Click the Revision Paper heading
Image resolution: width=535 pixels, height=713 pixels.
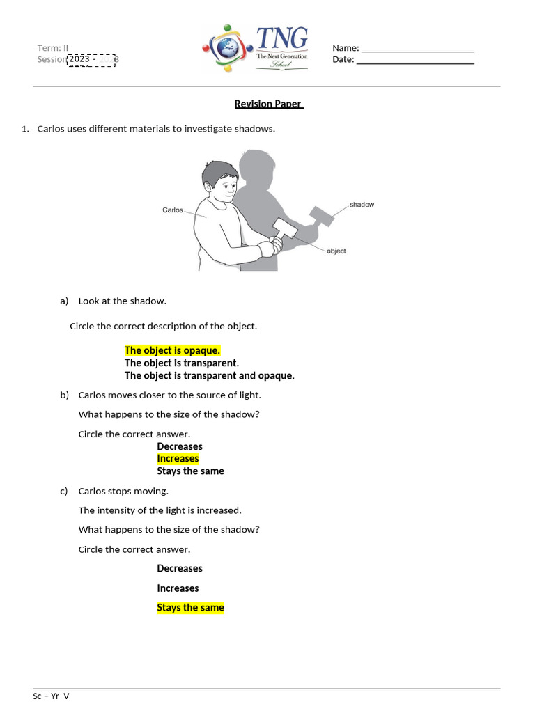[x=268, y=104]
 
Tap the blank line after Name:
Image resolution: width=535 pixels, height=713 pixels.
[x=417, y=49]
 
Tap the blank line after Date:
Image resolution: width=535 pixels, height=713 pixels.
[x=414, y=60]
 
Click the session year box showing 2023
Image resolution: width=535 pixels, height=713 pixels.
[x=91, y=59]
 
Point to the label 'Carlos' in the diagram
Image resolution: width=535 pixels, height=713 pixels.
[x=173, y=210]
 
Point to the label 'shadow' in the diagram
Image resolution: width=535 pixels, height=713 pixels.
[x=362, y=205]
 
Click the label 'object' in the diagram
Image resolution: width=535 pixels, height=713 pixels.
[x=336, y=251]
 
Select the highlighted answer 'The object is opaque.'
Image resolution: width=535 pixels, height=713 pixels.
[x=172, y=350]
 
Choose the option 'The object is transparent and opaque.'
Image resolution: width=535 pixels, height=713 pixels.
[x=209, y=375]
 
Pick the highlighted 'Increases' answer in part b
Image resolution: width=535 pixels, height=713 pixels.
[x=178, y=458]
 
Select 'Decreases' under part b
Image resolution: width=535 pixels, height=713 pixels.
[x=180, y=446]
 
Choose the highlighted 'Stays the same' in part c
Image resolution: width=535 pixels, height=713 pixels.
[x=190, y=607]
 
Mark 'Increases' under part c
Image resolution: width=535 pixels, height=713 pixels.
[x=178, y=588]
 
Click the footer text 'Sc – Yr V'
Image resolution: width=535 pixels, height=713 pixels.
[x=52, y=696]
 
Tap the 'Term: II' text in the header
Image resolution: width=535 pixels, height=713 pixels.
[x=53, y=48]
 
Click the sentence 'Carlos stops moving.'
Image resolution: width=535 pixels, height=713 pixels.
[x=123, y=491]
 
